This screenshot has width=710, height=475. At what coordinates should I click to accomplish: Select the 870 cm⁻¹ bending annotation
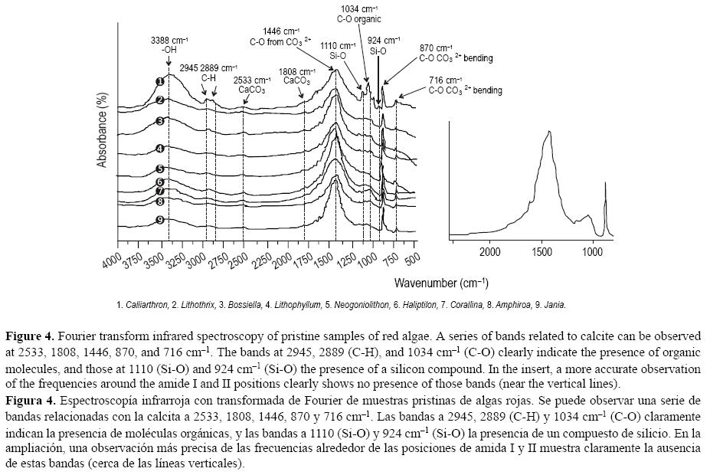455,53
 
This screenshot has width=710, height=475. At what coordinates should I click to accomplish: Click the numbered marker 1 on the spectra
160,81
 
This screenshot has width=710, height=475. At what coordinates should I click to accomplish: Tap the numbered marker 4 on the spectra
160,149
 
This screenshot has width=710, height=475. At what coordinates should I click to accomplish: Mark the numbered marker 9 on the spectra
160,221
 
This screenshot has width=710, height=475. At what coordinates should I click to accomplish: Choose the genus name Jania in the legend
555,305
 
